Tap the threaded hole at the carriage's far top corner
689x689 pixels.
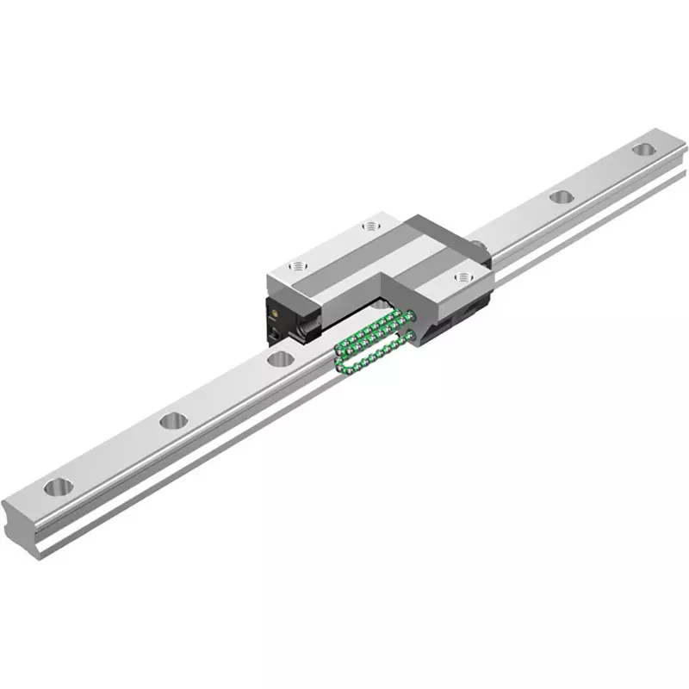(371, 226)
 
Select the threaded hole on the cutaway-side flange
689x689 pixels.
(464, 277)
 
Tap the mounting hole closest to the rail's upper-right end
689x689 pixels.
(642, 150)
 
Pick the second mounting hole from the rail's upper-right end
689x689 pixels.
(562, 197)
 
